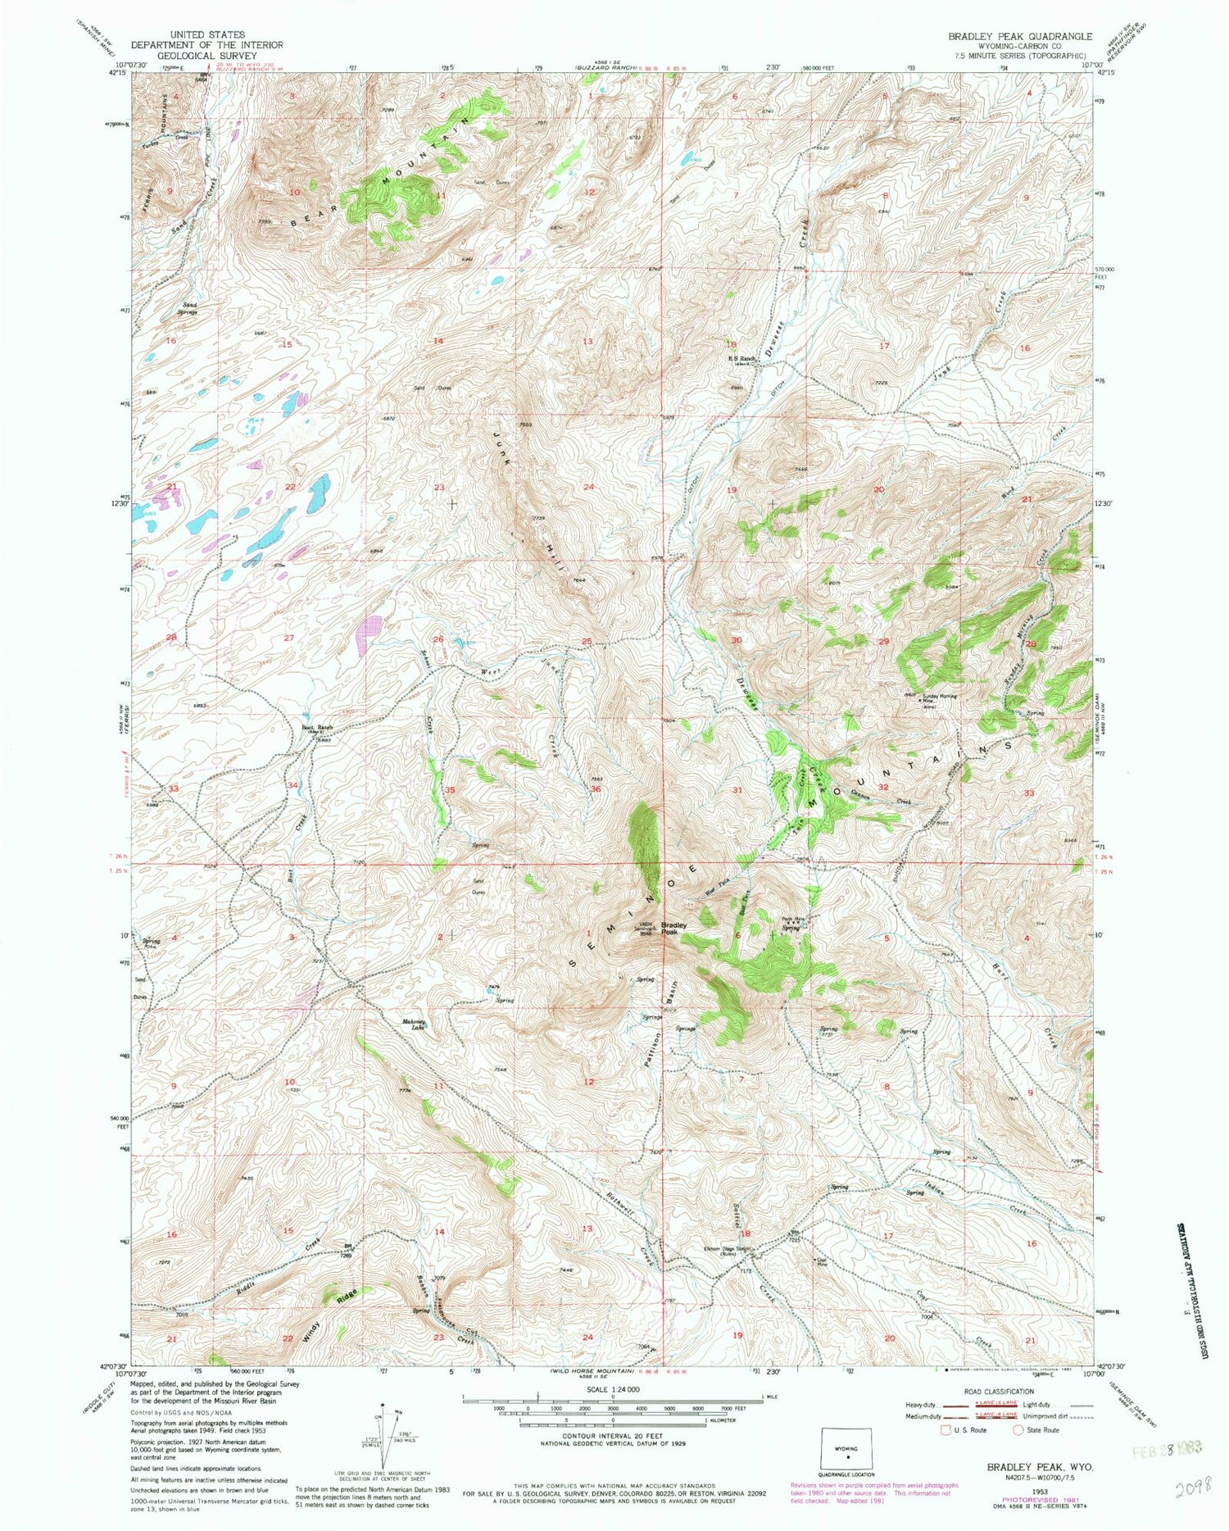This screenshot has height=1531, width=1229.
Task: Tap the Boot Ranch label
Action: [317, 728]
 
